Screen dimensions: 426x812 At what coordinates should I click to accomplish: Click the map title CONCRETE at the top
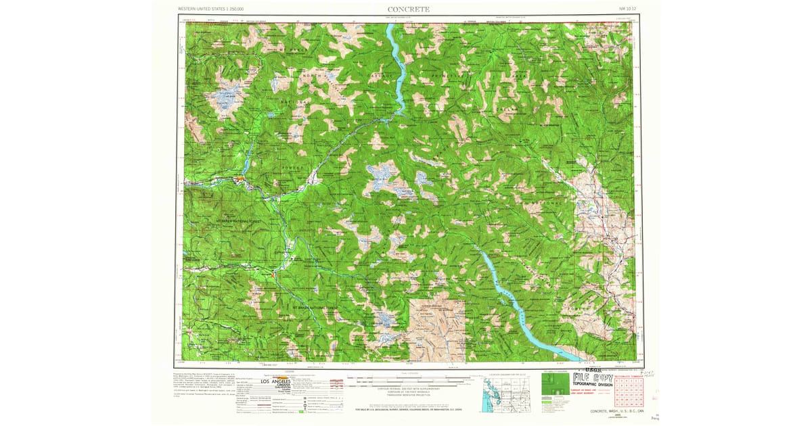click(x=408, y=9)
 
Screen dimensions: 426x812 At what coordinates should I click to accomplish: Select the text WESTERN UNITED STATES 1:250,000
click(x=210, y=9)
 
